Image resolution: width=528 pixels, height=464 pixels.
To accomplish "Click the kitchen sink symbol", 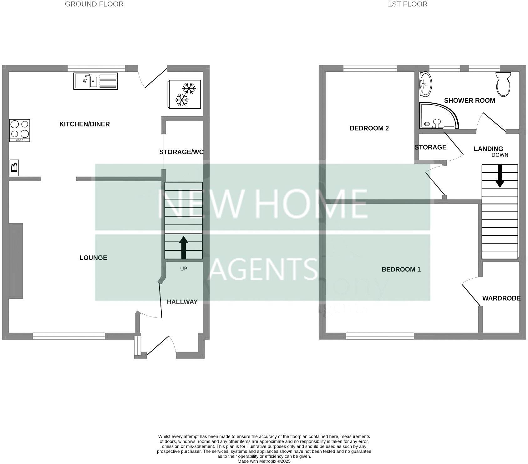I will (95, 81).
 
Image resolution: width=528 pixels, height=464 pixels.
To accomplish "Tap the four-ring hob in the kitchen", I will (20, 130).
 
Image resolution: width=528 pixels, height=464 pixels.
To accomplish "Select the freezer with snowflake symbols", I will (185, 94).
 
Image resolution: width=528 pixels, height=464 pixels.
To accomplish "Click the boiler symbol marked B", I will (14, 168).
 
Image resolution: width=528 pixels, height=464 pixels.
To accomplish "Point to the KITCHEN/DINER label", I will (84, 124).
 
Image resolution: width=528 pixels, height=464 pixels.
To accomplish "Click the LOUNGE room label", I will (93, 258).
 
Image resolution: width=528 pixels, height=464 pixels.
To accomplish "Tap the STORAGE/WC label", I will (181, 152).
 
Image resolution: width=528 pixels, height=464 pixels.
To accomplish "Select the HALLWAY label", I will (182, 302).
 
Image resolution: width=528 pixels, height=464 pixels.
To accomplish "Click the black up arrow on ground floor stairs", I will (184, 247).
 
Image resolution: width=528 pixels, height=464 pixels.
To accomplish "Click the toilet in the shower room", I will (503, 84).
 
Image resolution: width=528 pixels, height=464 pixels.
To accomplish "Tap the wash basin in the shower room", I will (425, 84).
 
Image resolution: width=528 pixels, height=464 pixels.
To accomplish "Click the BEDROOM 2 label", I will (369, 128).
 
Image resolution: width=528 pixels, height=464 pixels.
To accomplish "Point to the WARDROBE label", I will (501, 298).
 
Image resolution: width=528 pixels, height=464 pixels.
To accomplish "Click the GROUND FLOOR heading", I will (94, 4).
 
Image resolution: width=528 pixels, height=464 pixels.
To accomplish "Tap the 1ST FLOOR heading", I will (408, 4).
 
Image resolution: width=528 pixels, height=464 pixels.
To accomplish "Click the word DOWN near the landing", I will (500, 155).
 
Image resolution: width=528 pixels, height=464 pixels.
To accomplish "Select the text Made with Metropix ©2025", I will (264, 461).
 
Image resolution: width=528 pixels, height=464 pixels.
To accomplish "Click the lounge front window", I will (69, 336).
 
